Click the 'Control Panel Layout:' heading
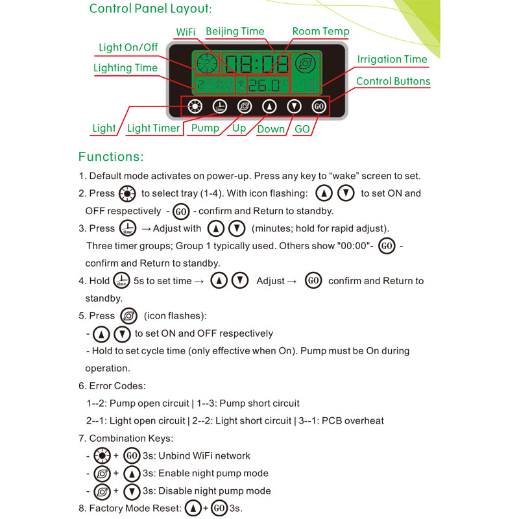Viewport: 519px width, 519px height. click(151, 9)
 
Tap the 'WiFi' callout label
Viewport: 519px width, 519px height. click(186, 32)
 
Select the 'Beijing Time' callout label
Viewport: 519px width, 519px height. click(235, 31)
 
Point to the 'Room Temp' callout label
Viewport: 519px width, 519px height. click(320, 31)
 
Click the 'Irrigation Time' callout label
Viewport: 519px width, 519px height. click(392, 59)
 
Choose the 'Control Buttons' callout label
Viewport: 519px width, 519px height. click(393, 81)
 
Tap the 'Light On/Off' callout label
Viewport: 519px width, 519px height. click(128, 47)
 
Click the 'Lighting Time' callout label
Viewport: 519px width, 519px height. click(125, 68)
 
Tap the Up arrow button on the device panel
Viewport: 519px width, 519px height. click(269, 106)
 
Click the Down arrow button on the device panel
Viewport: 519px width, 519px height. click(295, 106)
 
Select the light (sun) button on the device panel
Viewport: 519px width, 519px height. click(194, 106)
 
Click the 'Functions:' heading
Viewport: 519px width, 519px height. click(111, 157)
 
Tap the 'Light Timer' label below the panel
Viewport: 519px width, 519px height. click(153, 128)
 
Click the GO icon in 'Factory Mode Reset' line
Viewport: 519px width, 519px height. click(219, 509)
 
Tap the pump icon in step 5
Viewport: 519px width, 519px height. click(128, 316)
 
